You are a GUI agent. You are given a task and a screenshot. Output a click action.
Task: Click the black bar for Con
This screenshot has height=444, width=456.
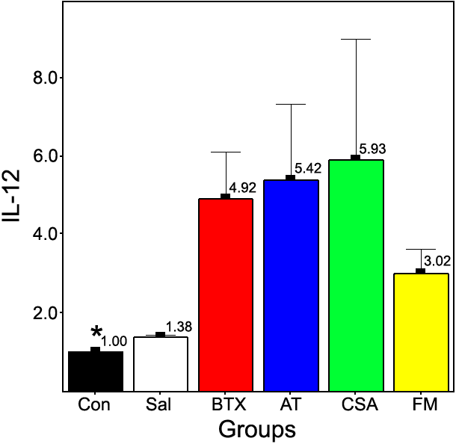coord(96,371)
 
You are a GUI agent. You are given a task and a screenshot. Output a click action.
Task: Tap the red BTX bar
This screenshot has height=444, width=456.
coord(226,295)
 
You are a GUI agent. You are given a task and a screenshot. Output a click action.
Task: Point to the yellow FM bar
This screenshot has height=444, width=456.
coord(421,332)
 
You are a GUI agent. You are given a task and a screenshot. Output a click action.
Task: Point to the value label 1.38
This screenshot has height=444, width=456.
coord(179,327)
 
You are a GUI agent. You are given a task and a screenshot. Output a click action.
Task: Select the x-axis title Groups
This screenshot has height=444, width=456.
coord(257,430)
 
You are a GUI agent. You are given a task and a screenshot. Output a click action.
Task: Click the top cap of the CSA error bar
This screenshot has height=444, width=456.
coord(356,39)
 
